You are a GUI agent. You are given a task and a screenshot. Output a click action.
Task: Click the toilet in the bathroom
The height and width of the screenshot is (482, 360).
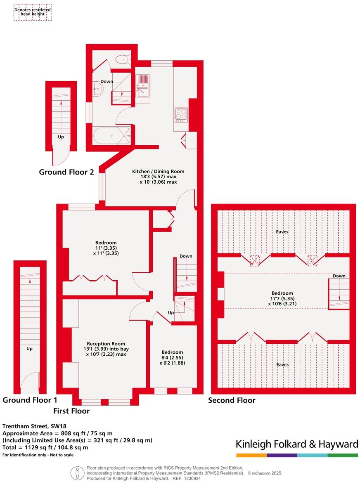[123, 60]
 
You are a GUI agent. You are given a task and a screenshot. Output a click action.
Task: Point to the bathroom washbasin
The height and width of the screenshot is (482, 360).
[98, 88]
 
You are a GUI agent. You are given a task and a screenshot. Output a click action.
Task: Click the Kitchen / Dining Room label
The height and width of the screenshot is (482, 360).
[158, 171]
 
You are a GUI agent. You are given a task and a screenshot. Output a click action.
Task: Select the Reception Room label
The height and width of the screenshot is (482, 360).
[106, 343]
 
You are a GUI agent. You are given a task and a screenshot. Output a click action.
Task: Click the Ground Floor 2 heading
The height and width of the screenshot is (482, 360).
[66, 172]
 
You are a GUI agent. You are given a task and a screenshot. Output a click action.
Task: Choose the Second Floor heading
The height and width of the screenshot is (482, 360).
[232, 400]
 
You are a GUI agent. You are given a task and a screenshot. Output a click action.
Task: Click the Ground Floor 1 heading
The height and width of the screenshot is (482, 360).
[30, 400]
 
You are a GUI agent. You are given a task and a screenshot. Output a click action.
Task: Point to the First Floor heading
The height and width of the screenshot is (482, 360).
[71, 411]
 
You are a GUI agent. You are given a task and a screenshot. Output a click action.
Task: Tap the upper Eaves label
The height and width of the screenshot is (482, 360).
[282, 232]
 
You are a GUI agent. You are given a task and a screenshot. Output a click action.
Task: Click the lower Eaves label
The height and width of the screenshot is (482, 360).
[282, 365]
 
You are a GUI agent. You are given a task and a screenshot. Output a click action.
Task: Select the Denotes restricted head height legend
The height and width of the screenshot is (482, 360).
[33, 12]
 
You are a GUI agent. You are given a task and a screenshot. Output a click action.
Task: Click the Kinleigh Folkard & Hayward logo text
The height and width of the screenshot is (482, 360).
[297, 444]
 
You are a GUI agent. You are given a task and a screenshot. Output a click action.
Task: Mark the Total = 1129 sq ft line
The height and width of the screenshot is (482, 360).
[45, 447]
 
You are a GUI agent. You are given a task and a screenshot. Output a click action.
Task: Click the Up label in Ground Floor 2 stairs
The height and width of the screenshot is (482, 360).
[61, 137]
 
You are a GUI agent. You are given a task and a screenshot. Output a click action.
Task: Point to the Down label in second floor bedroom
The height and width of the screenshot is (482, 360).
[339, 276]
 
